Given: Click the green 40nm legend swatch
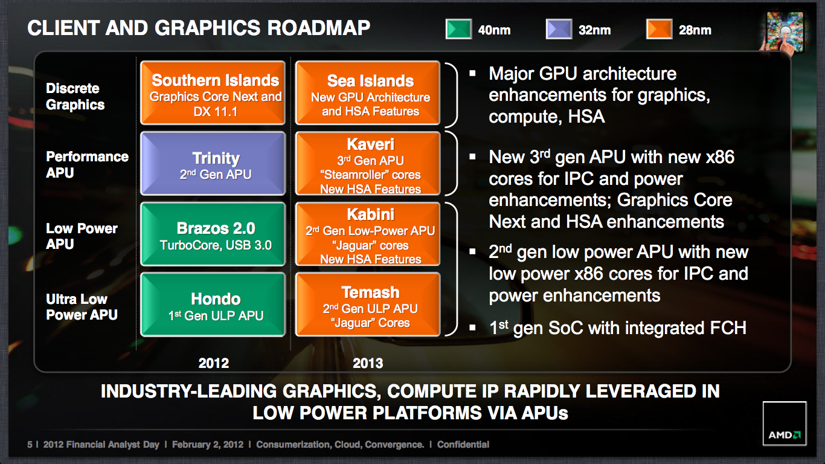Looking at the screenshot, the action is (x=458, y=29).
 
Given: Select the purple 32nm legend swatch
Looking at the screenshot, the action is (x=559, y=29).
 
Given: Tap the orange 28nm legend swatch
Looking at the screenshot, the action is (x=660, y=29).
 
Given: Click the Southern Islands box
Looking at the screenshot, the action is (x=213, y=93).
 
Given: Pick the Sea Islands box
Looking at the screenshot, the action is (x=368, y=93).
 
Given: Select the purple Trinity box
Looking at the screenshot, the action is (x=213, y=163).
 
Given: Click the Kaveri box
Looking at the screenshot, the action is (x=368, y=163).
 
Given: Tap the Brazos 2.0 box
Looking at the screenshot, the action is (x=213, y=234).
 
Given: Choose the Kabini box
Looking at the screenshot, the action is (x=368, y=234).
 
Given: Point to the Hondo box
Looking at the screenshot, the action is (x=213, y=304).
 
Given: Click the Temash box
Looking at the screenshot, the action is (x=368, y=304).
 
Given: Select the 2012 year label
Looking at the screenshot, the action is (x=214, y=363).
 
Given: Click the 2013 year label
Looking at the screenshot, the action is (x=368, y=363).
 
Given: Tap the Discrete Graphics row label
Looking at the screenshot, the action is (x=75, y=97).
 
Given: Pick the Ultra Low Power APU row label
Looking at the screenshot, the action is (x=82, y=307).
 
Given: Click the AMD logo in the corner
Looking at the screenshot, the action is (x=785, y=424).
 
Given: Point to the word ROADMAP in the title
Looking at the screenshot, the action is (x=318, y=28).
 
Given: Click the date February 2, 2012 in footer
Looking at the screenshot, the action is (x=208, y=445).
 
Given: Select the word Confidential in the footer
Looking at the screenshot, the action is (x=463, y=445).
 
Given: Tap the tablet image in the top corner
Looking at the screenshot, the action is (x=785, y=31).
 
